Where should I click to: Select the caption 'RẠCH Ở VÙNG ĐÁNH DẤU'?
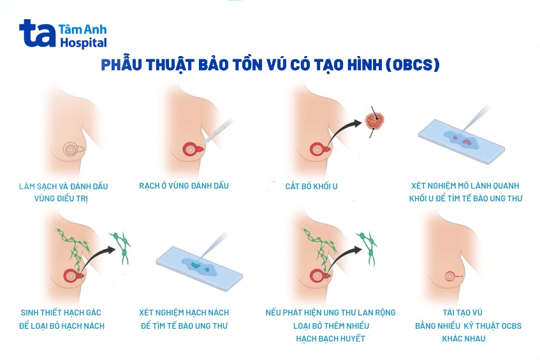click(x=184, y=186)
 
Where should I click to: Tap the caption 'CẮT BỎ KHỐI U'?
click(x=311, y=186)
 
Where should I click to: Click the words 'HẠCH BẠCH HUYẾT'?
click(x=330, y=338)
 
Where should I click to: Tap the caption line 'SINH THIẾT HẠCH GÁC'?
click(x=61, y=313)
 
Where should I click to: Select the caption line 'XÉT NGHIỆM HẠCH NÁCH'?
click(x=184, y=313)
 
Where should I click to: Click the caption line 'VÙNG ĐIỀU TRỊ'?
click(x=62, y=199)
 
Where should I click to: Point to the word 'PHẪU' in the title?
click(x=124, y=65)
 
